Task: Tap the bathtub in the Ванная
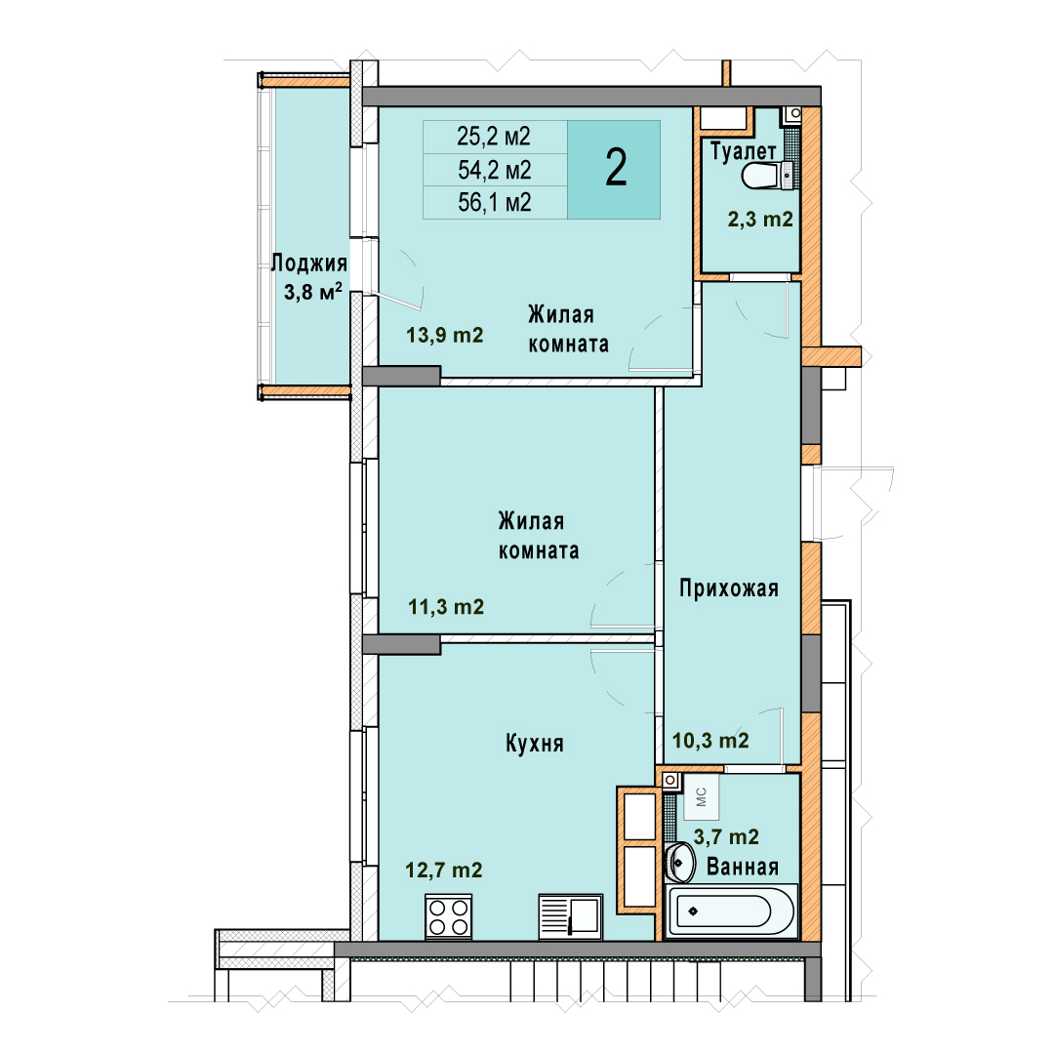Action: (731, 912)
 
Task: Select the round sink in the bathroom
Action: (680, 862)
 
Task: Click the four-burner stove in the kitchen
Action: (448, 916)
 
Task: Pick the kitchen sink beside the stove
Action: (570, 916)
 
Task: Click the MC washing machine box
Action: (701, 796)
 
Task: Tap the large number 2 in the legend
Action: (616, 168)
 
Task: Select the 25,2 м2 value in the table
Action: (494, 137)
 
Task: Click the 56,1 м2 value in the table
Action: (495, 202)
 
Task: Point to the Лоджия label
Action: (309, 263)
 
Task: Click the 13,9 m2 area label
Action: (444, 335)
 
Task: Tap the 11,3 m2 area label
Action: (446, 607)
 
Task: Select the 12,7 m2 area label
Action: (444, 871)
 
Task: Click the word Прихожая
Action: (729, 588)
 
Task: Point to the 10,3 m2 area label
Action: (710, 740)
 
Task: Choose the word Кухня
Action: (535, 744)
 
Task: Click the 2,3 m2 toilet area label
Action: (760, 220)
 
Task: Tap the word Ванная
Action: (742, 867)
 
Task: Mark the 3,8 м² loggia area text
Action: (312, 292)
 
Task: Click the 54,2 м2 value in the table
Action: (495, 170)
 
